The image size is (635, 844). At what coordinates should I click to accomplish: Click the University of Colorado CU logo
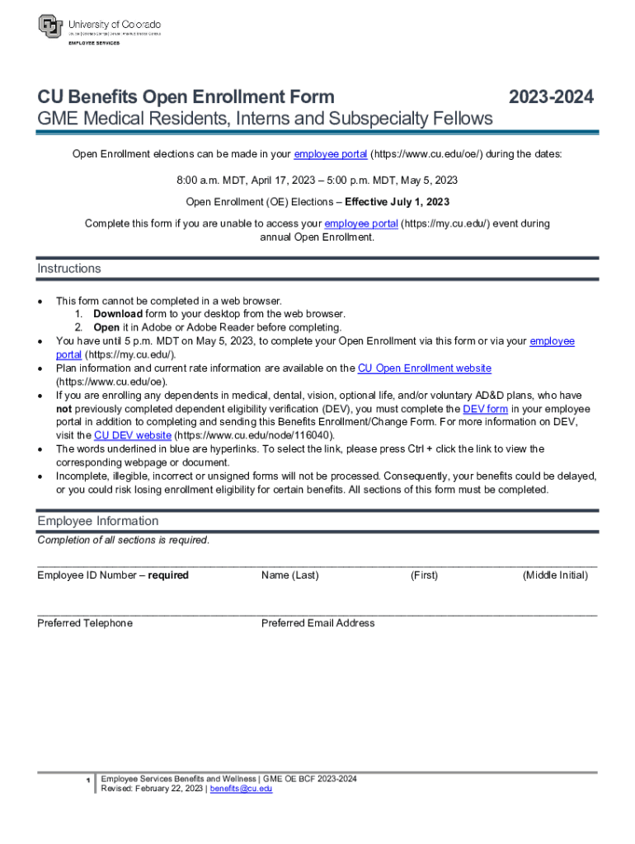click(x=51, y=26)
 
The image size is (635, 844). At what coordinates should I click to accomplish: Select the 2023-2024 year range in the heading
click(x=550, y=97)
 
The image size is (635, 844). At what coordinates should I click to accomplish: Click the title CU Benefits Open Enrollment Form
click(x=186, y=97)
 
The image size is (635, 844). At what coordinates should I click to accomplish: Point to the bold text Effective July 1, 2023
click(x=397, y=201)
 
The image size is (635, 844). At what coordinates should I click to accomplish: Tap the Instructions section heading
click(x=69, y=269)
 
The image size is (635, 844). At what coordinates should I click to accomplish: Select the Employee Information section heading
click(x=97, y=521)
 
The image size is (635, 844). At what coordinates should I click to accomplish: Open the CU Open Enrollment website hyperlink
click(x=424, y=368)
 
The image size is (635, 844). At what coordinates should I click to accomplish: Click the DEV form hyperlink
click(x=485, y=409)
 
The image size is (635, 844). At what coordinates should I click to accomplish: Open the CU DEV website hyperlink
click(x=133, y=435)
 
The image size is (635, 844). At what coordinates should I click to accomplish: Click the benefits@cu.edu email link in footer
click(x=241, y=789)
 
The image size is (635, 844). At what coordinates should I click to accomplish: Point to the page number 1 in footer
click(x=87, y=780)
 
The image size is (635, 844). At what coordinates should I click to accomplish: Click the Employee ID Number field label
click(x=113, y=575)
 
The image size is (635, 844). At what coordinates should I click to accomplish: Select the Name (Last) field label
click(x=289, y=575)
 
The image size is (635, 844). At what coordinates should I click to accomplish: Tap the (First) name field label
click(x=424, y=575)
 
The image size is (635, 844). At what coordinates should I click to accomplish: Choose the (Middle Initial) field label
click(x=555, y=575)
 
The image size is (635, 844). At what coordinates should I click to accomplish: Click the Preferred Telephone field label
click(x=85, y=623)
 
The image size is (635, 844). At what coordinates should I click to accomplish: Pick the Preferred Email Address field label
click(x=317, y=623)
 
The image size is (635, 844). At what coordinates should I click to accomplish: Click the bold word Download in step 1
click(x=117, y=314)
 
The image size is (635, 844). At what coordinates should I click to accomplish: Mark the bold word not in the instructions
click(x=64, y=409)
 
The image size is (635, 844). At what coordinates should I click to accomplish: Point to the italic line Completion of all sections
click(x=124, y=541)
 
